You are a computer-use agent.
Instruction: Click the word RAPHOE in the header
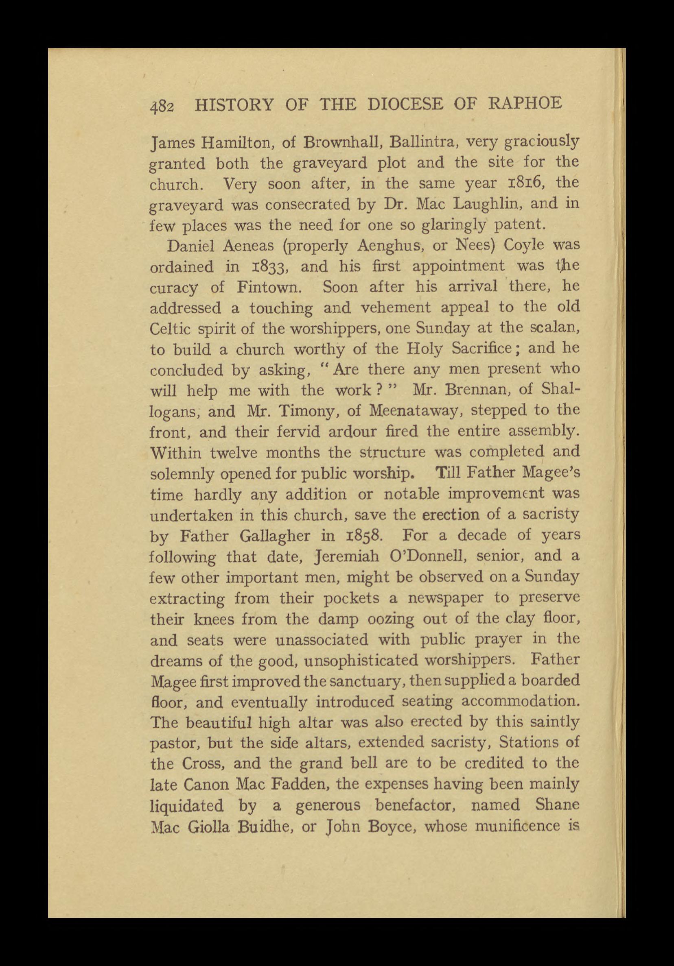(526, 103)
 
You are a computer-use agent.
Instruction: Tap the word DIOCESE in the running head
(405, 103)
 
